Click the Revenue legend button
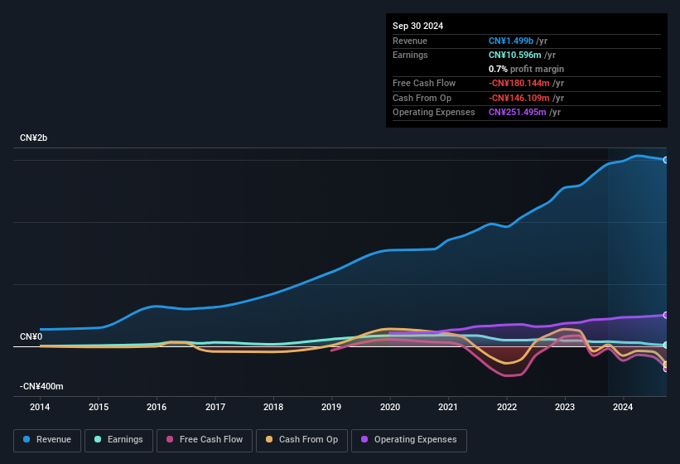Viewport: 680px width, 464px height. click(48, 440)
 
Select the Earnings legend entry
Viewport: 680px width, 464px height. click(119, 440)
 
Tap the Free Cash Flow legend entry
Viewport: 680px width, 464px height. click(203, 440)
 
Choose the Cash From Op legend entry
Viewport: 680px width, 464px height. click(301, 440)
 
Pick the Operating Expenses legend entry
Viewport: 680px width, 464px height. click(409, 440)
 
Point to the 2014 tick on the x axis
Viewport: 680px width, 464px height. click(40, 407)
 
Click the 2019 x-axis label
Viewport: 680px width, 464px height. click(331, 407)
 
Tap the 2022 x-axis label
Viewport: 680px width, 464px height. click(507, 407)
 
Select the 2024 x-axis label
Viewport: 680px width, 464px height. click(623, 407)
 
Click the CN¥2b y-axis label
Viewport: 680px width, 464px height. click(34, 138)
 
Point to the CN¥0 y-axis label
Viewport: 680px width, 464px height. click(31, 336)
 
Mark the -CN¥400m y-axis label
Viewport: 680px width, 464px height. click(41, 386)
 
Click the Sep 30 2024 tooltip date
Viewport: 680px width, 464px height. click(417, 26)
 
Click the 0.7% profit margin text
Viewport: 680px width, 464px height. click(526, 69)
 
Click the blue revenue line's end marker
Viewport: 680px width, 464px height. click(666, 160)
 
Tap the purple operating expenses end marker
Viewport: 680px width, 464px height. click(666, 315)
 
